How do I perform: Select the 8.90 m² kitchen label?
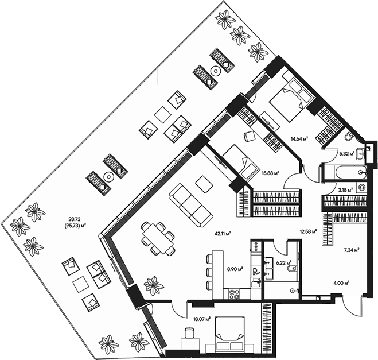click(x=235, y=268)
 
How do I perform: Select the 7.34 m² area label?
click(x=350, y=250)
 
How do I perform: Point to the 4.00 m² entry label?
click(x=342, y=282)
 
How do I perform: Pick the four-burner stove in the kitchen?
click(x=234, y=295)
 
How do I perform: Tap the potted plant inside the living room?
click(x=153, y=284)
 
